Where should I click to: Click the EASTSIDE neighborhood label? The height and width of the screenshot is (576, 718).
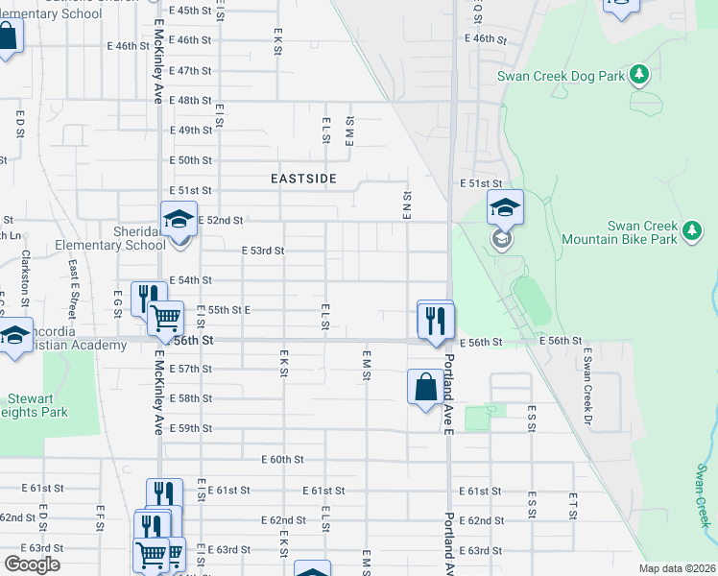click(303, 179)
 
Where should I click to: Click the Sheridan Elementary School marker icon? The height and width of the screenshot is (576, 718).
click(179, 220)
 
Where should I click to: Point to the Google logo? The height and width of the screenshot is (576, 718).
click(32, 564)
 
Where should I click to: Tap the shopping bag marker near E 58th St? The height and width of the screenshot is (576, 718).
click(425, 388)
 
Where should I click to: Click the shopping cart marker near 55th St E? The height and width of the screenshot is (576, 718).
click(166, 316)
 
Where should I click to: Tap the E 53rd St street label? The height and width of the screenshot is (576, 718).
click(263, 251)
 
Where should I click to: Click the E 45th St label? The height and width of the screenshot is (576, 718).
click(189, 10)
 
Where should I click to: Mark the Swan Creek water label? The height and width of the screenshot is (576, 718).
click(704, 496)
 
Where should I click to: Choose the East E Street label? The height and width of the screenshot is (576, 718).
click(71, 279)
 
